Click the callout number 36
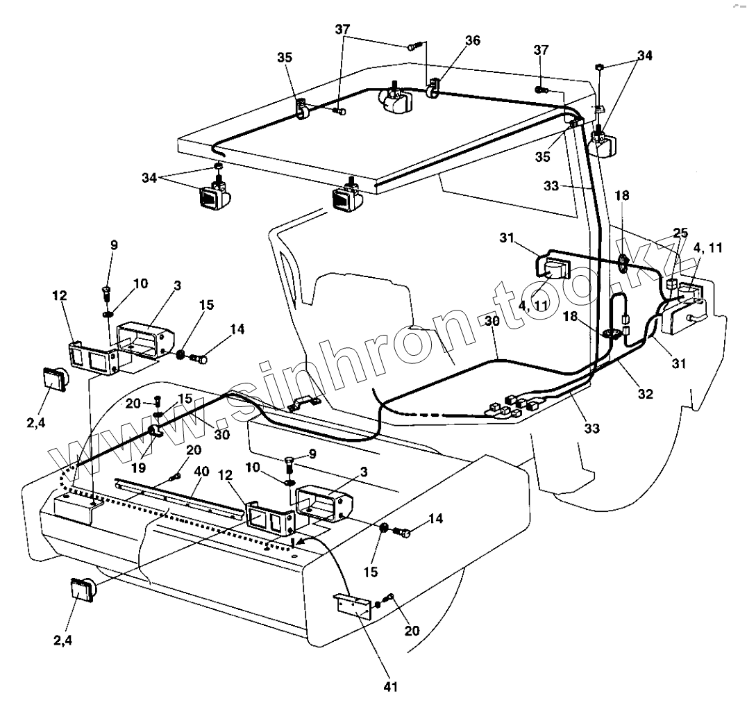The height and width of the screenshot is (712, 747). pos(472,40)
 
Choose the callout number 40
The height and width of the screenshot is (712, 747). pos(201,472)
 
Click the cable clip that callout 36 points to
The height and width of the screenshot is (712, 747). pos(433,90)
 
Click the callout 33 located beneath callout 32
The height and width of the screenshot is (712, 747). pos(591,429)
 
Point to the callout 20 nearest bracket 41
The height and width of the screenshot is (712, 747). pos(412,631)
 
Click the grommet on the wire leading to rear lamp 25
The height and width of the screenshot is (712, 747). pos(623,263)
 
